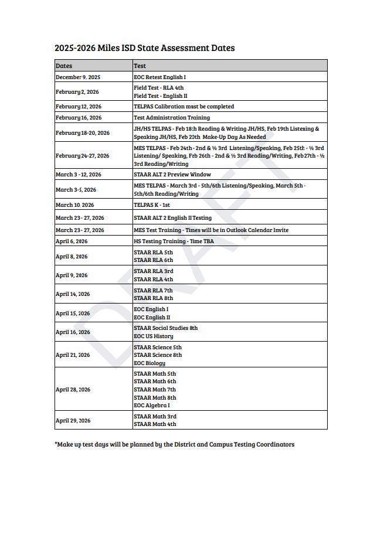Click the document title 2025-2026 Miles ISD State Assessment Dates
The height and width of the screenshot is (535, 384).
click(x=144, y=48)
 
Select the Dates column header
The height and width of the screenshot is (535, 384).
click(x=64, y=66)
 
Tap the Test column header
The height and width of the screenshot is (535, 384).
click(x=140, y=66)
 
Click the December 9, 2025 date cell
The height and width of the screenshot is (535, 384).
click(x=78, y=77)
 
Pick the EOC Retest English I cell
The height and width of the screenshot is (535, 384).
click(x=159, y=77)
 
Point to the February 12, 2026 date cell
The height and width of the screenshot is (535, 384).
click(x=79, y=107)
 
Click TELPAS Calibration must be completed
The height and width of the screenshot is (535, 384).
click(x=183, y=107)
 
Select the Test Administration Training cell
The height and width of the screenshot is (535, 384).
click(x=171, y=118)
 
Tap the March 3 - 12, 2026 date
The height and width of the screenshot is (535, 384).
click(x=78, y=175)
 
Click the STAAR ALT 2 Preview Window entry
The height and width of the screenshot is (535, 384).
click(x=172, y=175)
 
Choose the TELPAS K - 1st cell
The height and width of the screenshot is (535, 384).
click(x=151, y=205)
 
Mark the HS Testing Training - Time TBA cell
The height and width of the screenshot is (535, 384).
click(x=174, y=241)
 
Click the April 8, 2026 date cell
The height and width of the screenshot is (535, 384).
click(x=72, y=257)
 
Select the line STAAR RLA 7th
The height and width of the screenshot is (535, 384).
click(x=153, y=291)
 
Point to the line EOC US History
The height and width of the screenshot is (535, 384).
click(x=153, y=336)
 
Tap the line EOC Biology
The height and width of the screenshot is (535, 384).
click(x=149, y=363)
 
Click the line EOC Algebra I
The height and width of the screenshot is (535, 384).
click(x=151, y=405)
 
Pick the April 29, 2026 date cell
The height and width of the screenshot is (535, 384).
click(x=73, y=421)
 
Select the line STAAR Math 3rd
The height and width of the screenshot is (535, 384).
click(x=155, y=417)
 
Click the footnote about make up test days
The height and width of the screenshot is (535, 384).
click(x=175, y=445)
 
